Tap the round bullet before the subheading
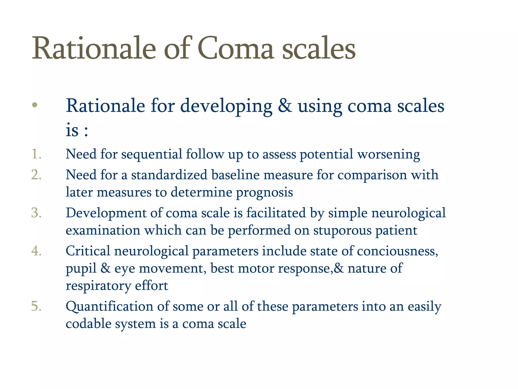click(35, 105)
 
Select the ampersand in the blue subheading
click(285, 105)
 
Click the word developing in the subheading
click(226, 106)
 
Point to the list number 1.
click(36, 154)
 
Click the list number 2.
click(36, 175)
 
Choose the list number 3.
click(36, 213)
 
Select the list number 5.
click(36, 306)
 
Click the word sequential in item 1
click(152, 154)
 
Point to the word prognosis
click(264, 192)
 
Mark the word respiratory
click(98, 286)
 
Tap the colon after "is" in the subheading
click(86, 131)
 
